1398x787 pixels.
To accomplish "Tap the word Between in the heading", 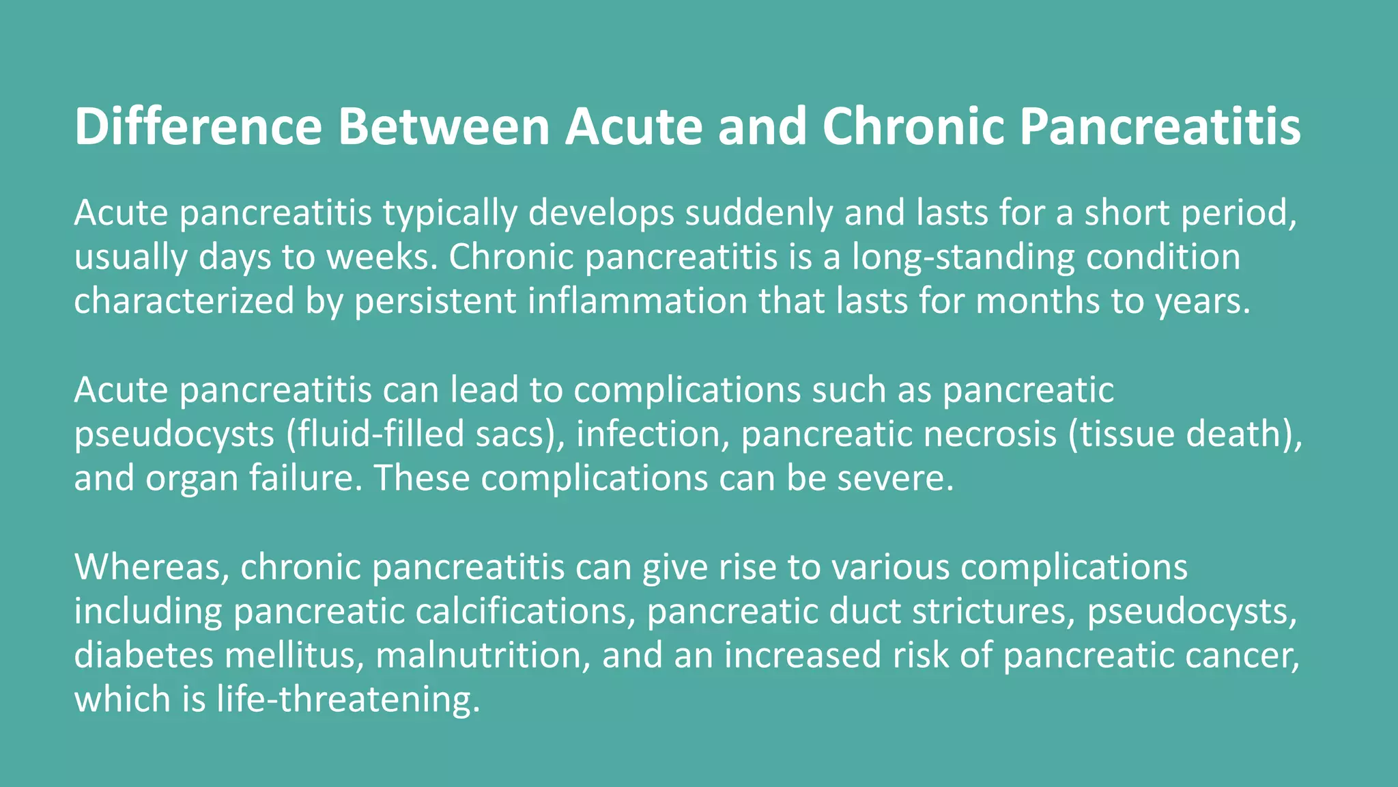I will pyautogui.click(x=444, y=126).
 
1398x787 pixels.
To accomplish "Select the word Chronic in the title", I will pyautogui.click(x=913, y=126).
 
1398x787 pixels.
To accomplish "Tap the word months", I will pyautogui.click(x=1038, y=301).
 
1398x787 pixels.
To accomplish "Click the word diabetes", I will pyautogui.click(x=144, y=655).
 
